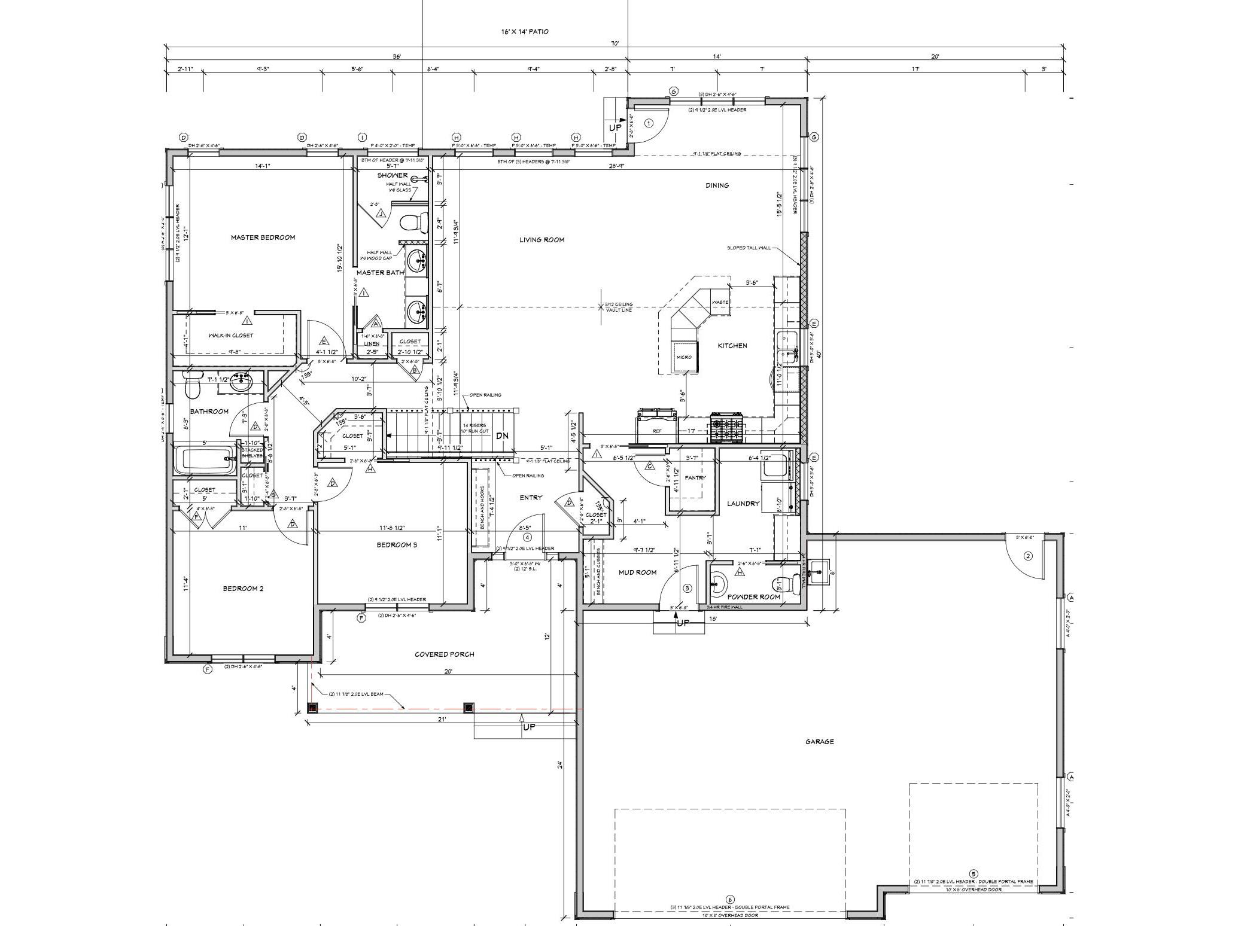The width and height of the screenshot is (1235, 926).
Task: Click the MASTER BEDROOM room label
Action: (263, 237)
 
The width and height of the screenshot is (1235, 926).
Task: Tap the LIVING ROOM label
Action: (542, 240)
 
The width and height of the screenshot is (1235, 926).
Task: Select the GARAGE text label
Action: (819, 742)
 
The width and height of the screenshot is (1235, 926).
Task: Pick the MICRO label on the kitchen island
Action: (684, 357)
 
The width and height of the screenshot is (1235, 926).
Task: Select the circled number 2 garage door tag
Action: (1028, 556)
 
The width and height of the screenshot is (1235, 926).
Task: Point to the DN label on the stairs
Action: (501, 435)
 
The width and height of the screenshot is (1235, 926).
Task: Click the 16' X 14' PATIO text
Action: (524, 32)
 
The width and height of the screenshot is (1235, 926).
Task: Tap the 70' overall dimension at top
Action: (615, 43)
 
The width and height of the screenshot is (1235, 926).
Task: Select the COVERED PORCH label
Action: (444, 654)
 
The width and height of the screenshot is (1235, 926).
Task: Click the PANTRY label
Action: (695, 478)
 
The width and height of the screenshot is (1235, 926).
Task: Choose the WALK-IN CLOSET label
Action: (230, 336)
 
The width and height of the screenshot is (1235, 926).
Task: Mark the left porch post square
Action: (312, 708)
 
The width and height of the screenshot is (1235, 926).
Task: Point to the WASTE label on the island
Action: (720, 302)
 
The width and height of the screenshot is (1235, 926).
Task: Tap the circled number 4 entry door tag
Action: (527, 537)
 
